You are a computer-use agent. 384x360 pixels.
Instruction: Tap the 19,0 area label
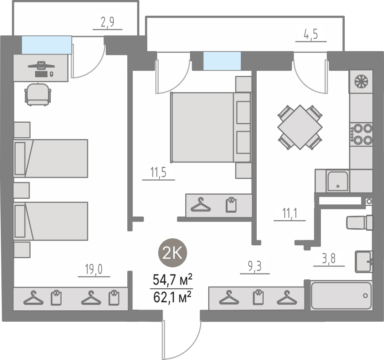point(94,269)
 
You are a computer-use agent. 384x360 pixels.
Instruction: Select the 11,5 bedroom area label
point(158,172)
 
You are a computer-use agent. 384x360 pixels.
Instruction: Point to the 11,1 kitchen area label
point(290,213)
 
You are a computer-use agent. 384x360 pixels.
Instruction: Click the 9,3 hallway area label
point(255,266)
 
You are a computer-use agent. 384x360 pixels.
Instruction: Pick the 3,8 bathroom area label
point(329,258)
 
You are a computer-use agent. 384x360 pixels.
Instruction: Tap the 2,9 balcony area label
point(108,22)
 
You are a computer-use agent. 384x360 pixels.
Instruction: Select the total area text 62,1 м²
point(172,298)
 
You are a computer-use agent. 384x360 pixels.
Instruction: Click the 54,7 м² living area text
point(172,280)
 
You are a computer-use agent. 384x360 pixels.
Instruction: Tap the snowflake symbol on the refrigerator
point(361,81)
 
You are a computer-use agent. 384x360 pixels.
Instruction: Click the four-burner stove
point(361,134)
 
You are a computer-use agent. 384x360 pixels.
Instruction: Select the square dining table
point(300,127)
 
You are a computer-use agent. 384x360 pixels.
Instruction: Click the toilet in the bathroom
point(360,223)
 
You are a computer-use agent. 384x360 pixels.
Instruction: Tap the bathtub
point(341,295)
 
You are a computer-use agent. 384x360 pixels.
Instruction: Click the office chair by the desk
point(38,95)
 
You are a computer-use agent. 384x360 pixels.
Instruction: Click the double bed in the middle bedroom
point(211,127)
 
